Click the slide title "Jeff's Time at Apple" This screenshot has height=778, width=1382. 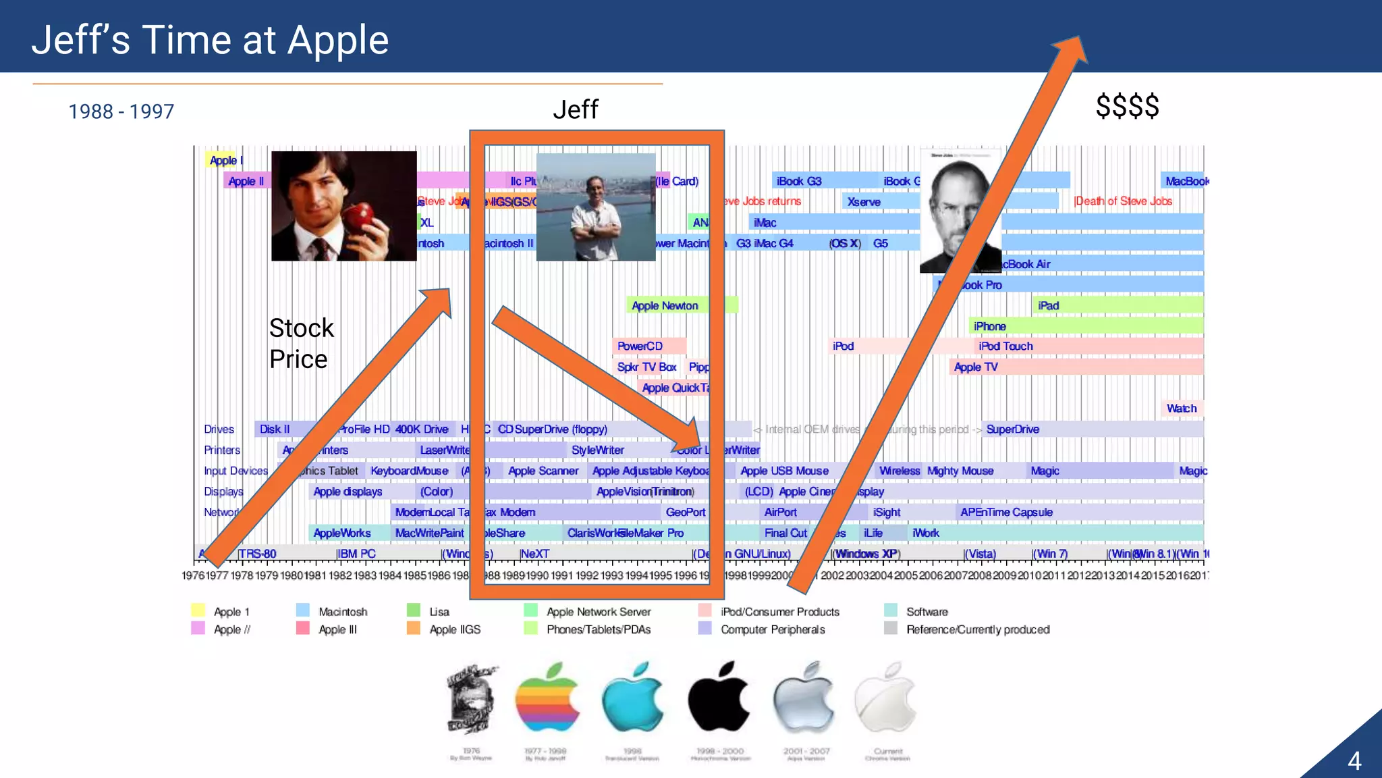(210, 40)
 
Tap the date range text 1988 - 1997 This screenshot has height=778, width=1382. (121, 111)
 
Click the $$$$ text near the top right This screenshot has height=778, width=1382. (1127, 107)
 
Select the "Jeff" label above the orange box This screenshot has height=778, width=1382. (575, 109)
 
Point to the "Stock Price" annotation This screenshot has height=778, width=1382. (301, 344)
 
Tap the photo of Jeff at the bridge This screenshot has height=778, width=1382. (596, 207)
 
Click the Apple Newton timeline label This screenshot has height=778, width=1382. (665, 306)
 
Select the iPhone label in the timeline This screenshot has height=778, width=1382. (989, 327)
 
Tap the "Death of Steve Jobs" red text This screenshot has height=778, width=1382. (1124, 201)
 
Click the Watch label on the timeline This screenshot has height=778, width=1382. (1182, 409)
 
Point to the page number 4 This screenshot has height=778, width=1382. (1354, 761)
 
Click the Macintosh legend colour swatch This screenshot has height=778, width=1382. (303, 611)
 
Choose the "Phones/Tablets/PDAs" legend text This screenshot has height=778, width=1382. (599, 629)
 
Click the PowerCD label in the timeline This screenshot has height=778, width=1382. (640, 346)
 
